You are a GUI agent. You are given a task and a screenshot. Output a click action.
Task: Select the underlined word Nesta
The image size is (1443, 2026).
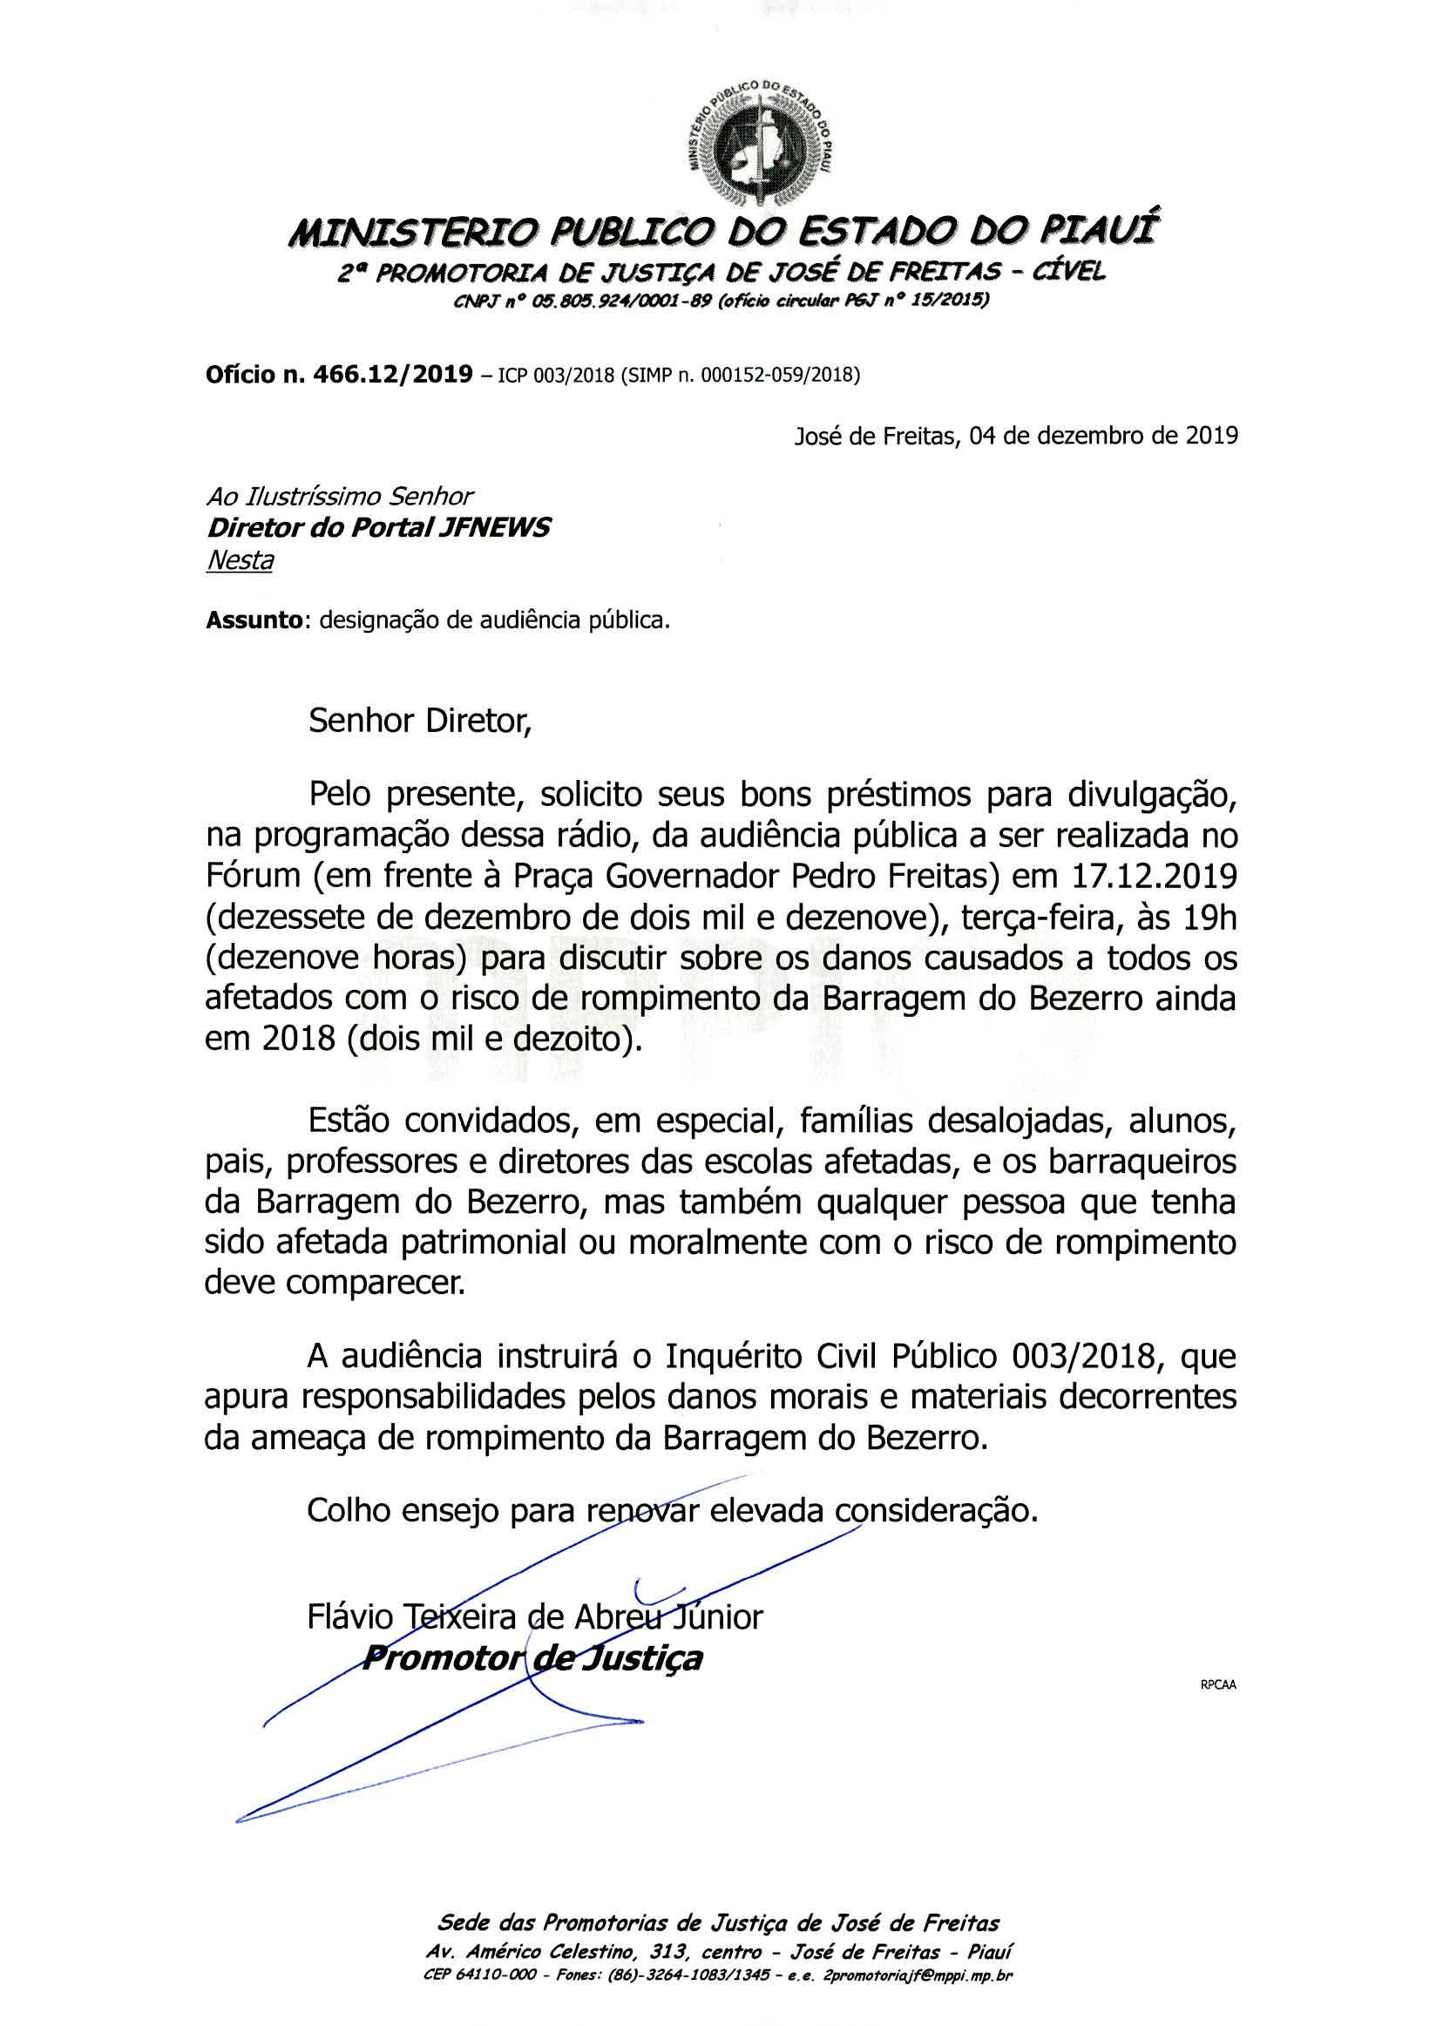239,560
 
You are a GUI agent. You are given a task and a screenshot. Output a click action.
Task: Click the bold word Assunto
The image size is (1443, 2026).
254,620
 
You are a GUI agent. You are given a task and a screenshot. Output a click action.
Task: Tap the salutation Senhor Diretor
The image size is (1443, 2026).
418,721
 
